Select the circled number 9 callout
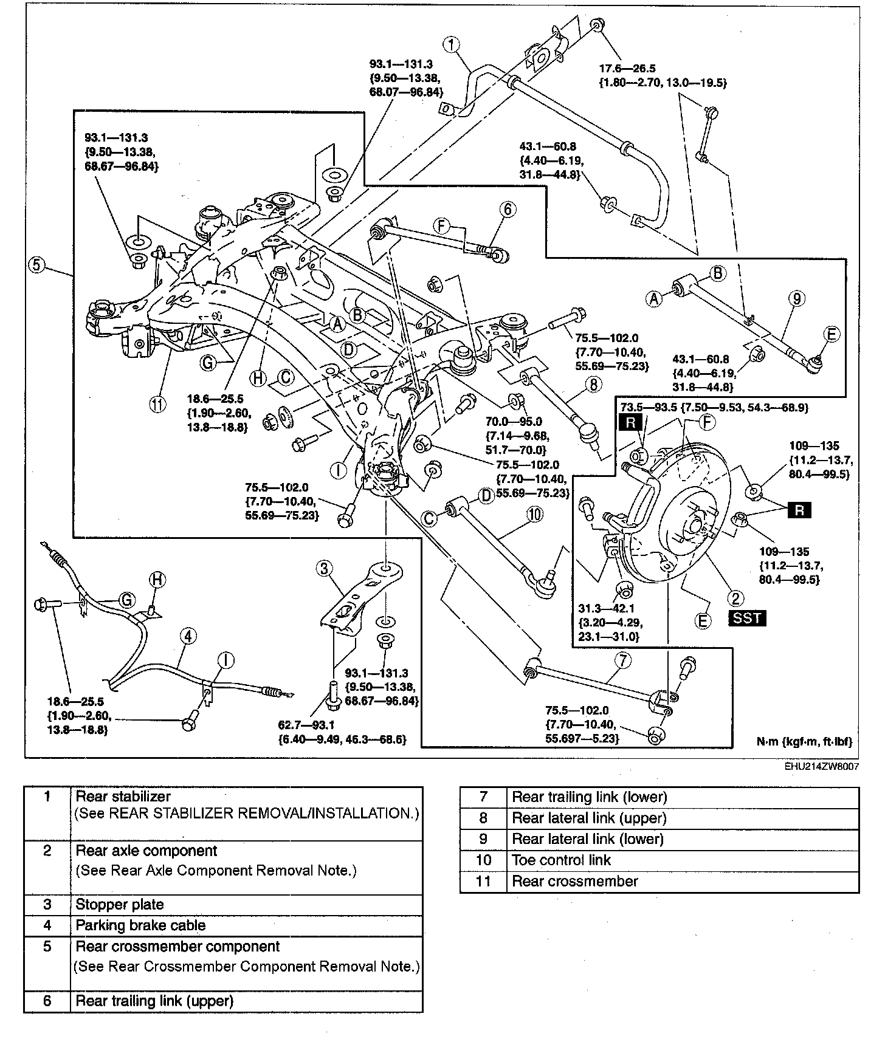pos(797,298)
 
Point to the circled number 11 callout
pos(158,405)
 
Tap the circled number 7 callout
pos(623,660)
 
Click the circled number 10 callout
pos(534,515)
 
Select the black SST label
pos(746,619)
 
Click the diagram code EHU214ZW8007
pos(821,767)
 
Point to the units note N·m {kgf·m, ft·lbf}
pos(804,742)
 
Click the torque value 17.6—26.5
pos(628,69)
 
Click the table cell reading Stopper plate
pos(120,904)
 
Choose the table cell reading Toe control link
pos(561,860)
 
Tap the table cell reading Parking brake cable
pos(140,925)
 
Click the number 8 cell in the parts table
pos(483,818)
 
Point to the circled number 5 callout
pos(36,265)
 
